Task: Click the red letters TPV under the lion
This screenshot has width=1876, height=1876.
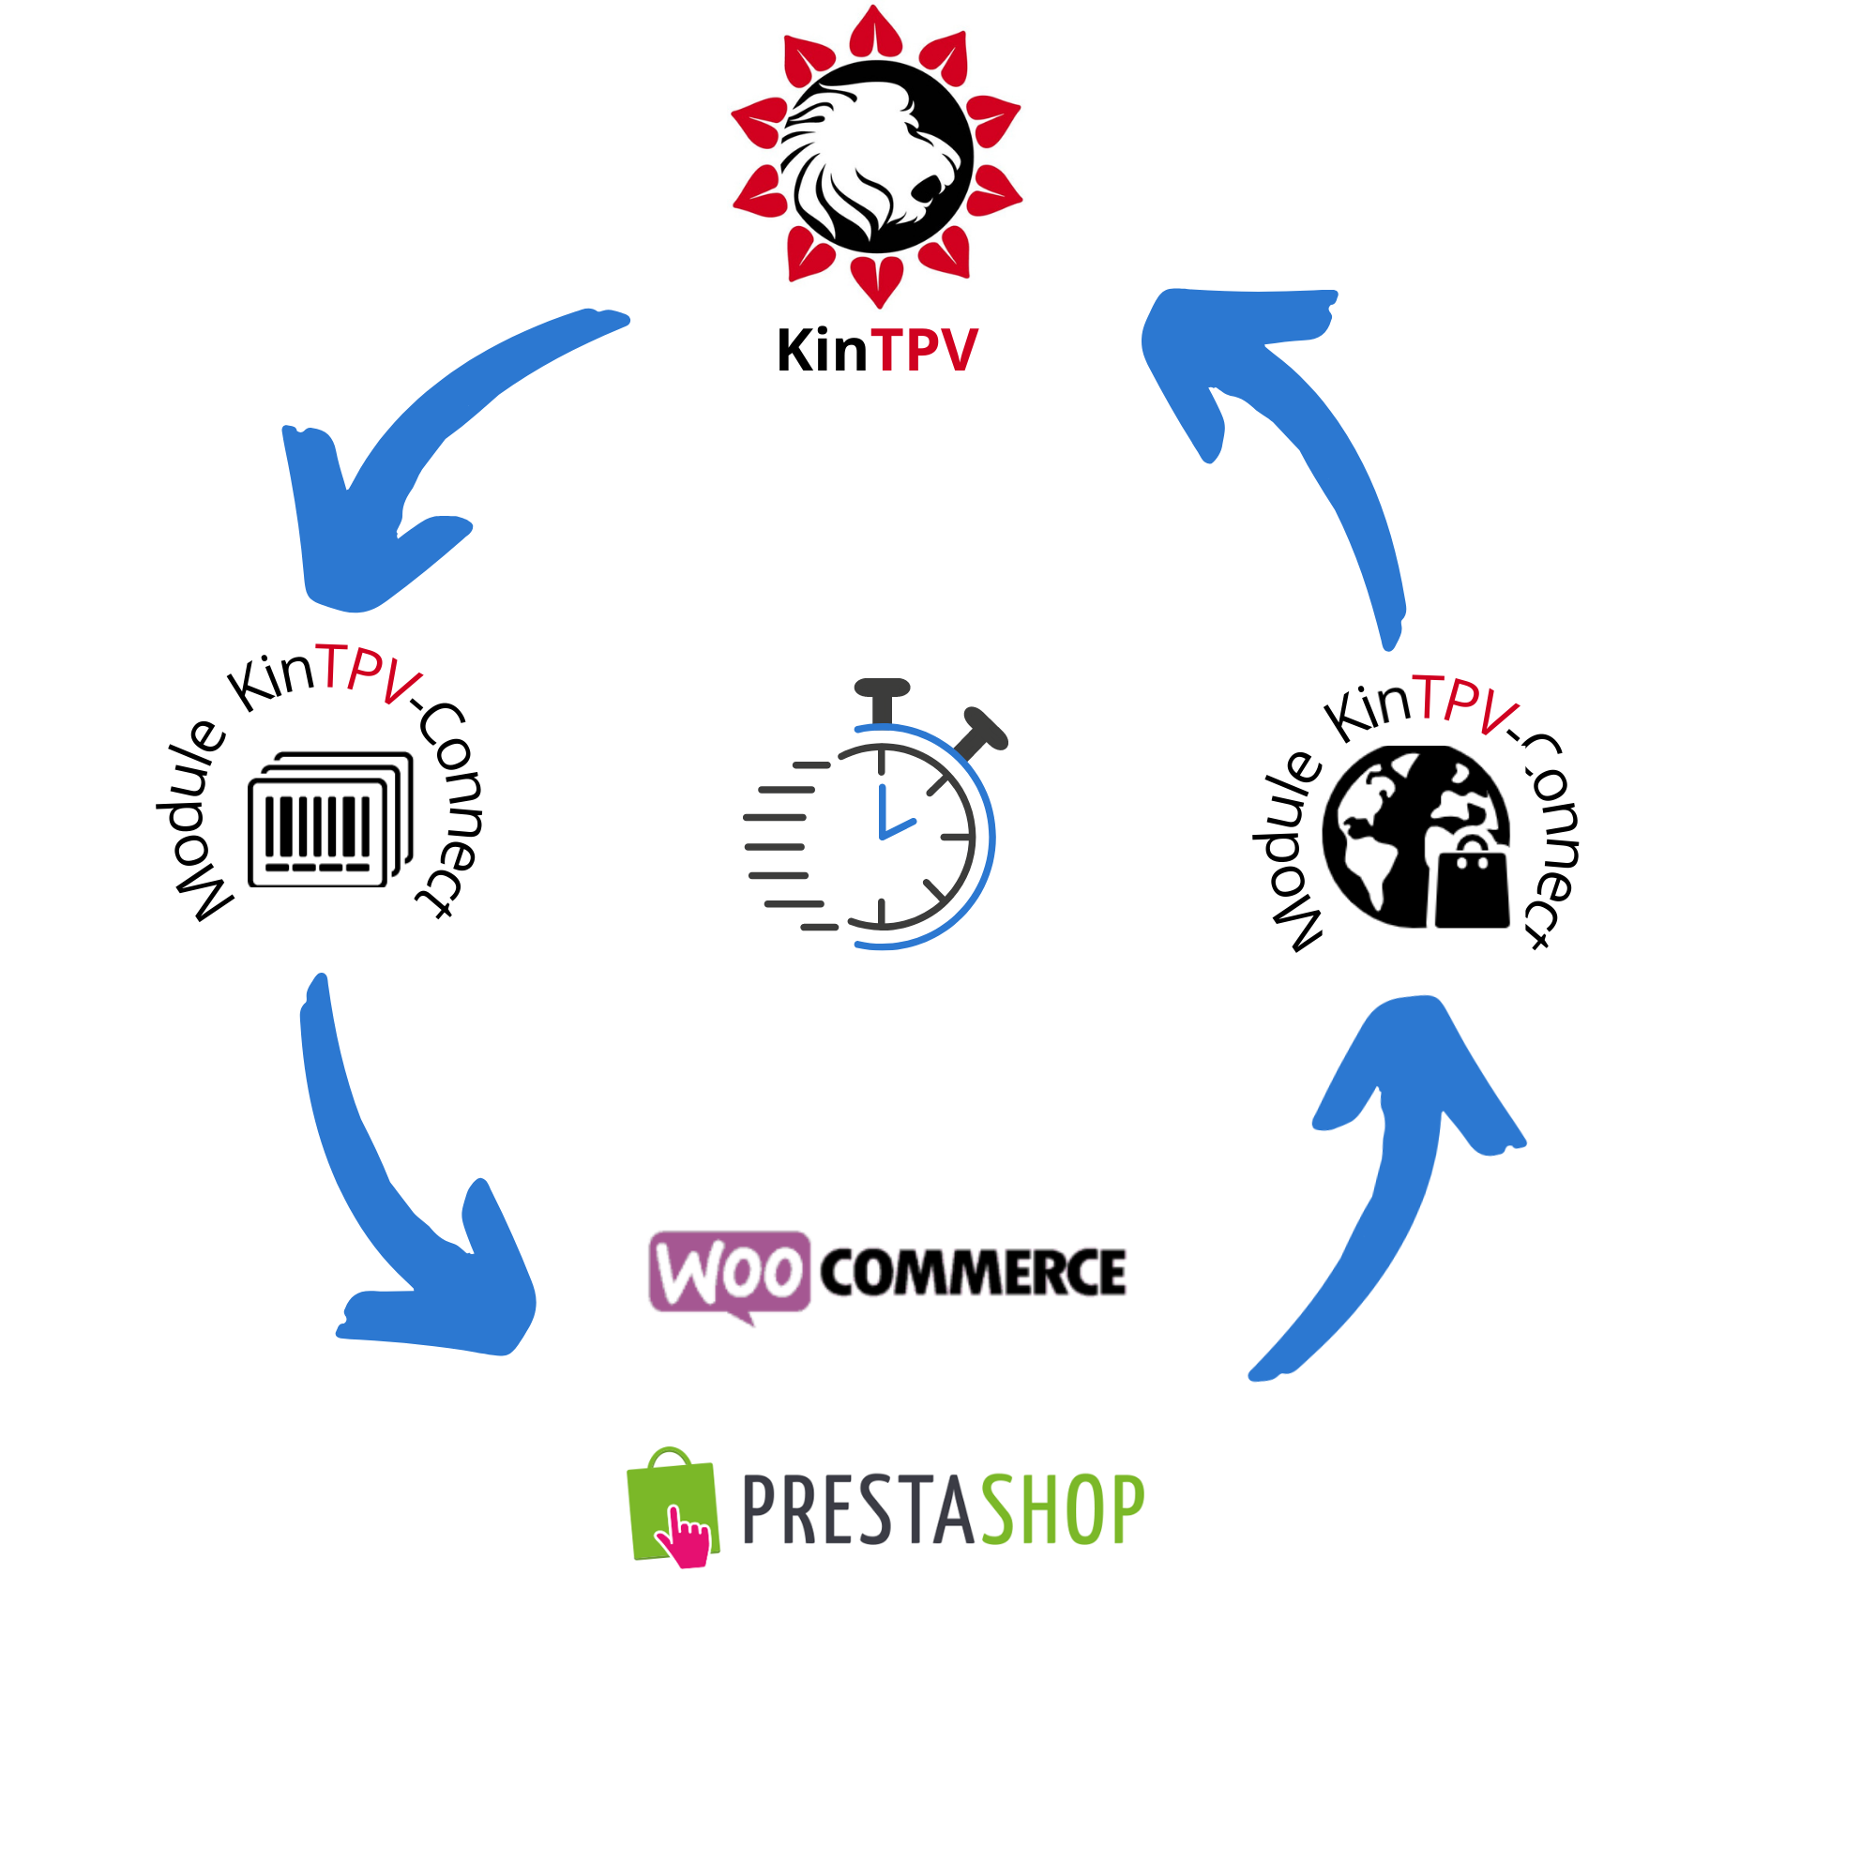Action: pos(925,351)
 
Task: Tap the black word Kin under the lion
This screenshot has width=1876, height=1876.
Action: pos(822,351)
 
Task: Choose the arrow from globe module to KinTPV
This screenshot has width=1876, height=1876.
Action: pos(1301,408)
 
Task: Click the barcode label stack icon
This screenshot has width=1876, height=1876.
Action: pos(330,821)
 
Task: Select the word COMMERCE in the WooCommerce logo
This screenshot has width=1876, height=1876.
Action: pos(973,1273)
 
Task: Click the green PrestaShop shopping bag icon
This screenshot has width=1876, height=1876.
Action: pos(672,1505)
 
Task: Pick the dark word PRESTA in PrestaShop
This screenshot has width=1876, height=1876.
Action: pos(858,1509)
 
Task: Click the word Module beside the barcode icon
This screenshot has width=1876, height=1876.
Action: pos(194,821)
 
